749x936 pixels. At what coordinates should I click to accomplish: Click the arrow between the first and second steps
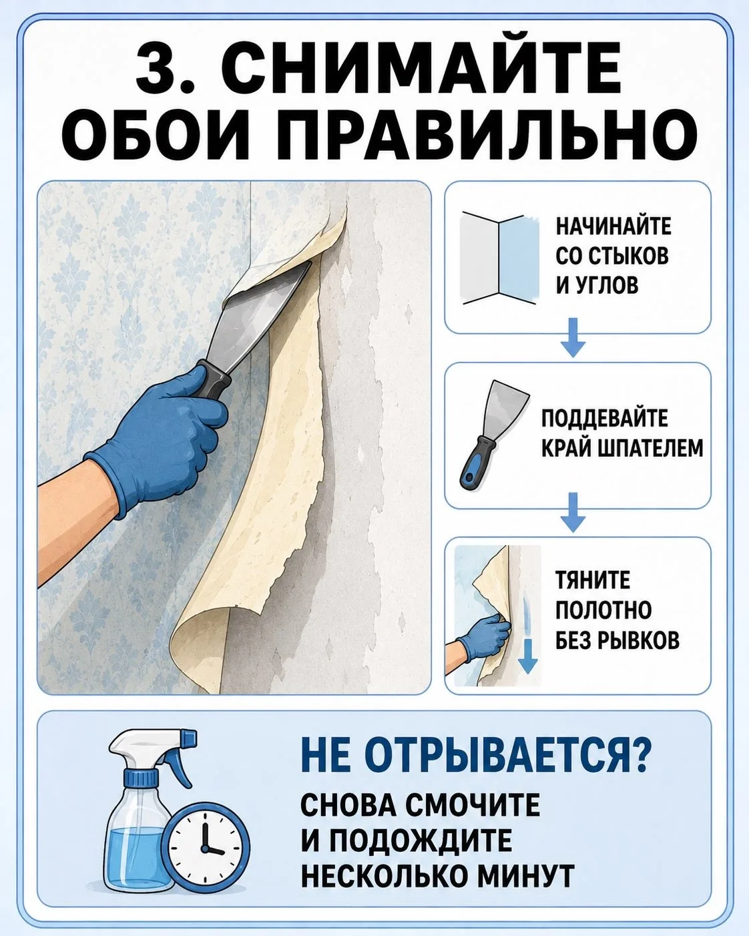pos(573,338)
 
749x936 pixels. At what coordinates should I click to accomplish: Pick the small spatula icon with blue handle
pos(494,435)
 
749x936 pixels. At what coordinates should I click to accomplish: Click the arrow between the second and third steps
pos(573,511)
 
